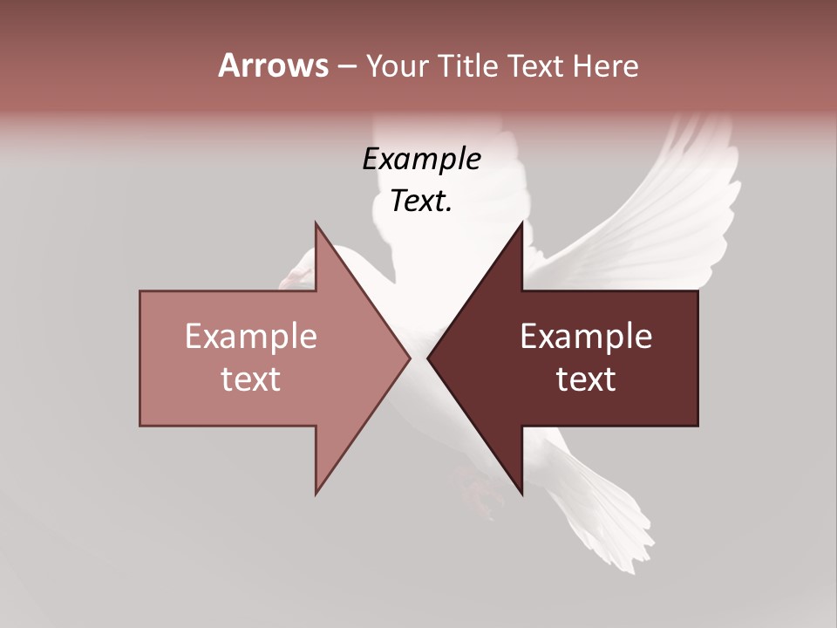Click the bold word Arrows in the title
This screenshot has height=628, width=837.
(273, 65)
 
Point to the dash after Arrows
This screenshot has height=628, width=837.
(346, 66)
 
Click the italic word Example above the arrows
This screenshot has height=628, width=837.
(421, 160)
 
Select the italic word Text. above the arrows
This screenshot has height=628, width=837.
(421, 201)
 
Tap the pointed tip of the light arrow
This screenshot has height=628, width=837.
(409, 358)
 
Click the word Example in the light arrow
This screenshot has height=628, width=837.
(250, 337)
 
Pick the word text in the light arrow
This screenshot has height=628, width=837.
(250, 379)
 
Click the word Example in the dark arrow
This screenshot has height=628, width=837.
(586, 337)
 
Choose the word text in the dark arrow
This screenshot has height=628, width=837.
(586, 379)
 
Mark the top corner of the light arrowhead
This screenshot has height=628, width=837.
(316, 223)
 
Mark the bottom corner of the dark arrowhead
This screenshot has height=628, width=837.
(522, 494)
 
